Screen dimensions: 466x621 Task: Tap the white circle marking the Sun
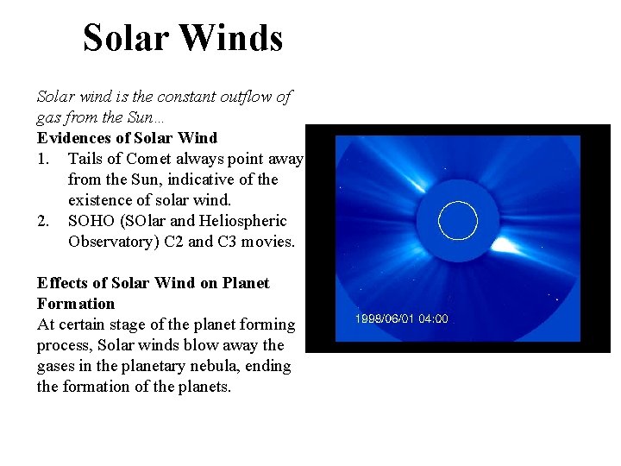click(458, 220)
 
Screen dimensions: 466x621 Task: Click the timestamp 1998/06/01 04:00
click(402, 318)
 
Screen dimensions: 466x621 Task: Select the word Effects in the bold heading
click(62, 283)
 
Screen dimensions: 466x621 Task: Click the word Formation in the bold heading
click(76, 304)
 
